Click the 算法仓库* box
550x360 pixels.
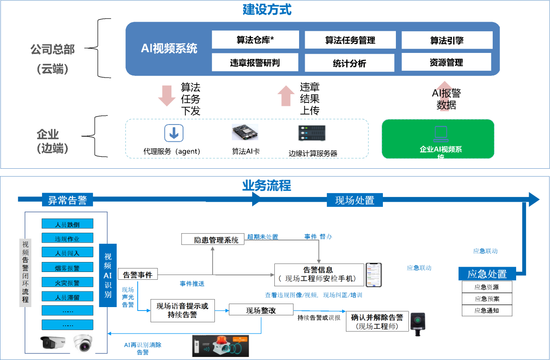(255, 40)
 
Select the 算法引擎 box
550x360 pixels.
(447, 40)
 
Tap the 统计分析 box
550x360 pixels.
(349, 63)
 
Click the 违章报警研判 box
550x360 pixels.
(255, 62)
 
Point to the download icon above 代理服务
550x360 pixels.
(174, 133)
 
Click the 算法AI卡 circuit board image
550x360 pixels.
(245, 132)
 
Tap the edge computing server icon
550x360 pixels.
(313, 133)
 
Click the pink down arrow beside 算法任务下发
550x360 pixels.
(167, 96)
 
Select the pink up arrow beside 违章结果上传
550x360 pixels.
(286, 96)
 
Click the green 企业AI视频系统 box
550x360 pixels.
(438, 139)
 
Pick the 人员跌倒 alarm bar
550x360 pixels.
(67, 224)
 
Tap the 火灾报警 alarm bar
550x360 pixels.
(67, 283)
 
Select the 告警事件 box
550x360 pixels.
(138, 275)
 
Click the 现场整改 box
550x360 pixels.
(261, 310)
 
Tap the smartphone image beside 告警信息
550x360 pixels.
(374, 275)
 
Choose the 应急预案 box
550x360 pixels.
(487, 299)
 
